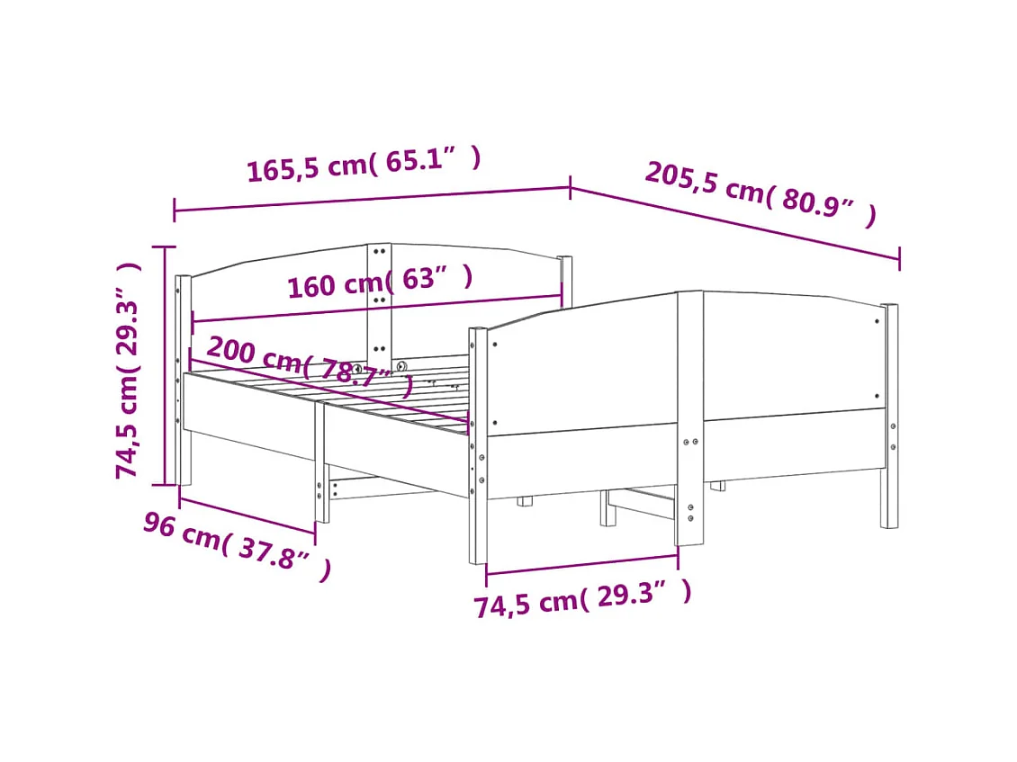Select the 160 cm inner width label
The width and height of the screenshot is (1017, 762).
click(x=379, y=282)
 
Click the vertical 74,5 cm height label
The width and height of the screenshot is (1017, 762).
click(x=129, y=369)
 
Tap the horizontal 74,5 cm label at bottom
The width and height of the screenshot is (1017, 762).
click(x=582, y=597)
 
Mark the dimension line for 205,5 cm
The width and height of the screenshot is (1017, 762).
click(x=734, y=223)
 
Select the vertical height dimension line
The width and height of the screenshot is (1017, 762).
click(x=164, y=364)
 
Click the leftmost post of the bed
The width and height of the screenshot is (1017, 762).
click(x=183, y=378)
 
